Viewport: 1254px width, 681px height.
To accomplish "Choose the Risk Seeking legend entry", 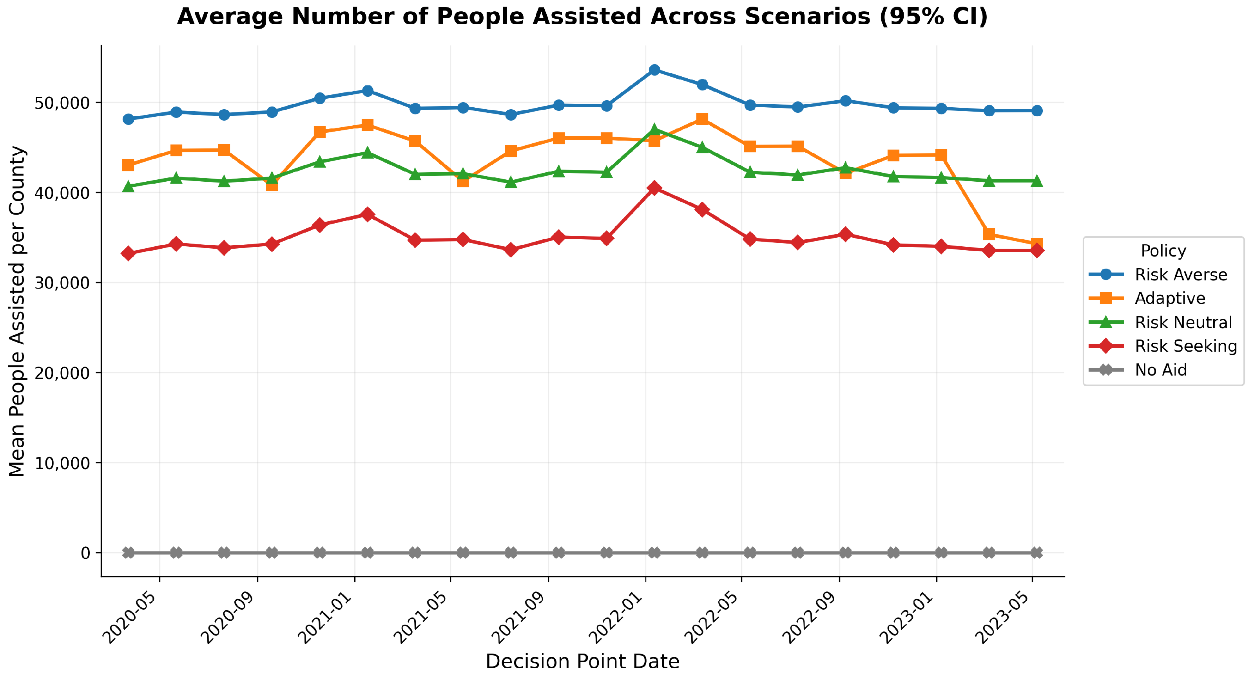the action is click(1163, 346).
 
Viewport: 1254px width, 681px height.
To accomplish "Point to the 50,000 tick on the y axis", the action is click(63, 103).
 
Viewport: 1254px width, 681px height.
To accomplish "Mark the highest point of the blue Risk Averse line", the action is click(654, 70).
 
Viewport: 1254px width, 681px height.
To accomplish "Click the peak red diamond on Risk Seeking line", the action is click(654, 188).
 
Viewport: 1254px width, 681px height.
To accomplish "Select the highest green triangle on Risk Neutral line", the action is click(654, 129).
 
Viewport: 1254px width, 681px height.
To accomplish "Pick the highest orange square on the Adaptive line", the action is click(702, 119).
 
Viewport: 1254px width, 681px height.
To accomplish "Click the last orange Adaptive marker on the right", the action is click(1037, 244).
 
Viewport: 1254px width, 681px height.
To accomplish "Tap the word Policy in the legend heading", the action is click(1163, 251).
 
